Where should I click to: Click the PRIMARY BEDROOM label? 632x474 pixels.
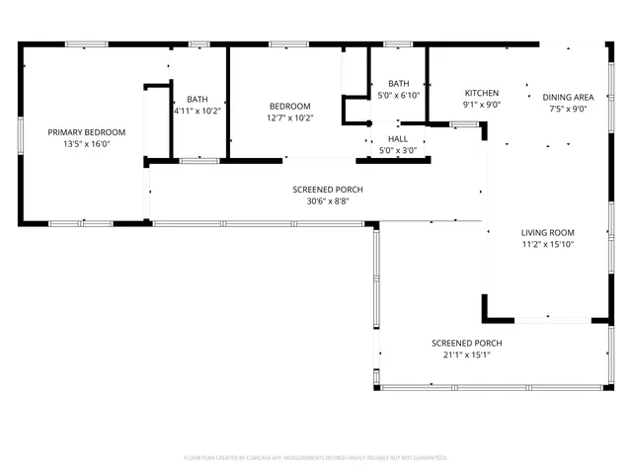(x=88, y=132)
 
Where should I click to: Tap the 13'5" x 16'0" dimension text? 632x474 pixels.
(x=88, y=144)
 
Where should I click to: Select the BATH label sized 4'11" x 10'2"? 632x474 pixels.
(x=197, y=99)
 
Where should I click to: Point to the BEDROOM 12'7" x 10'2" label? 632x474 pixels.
(x=290, y=107)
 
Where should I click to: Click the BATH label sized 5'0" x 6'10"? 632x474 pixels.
(x=399, y=84)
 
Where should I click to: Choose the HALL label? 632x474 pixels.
(x=398, y=139)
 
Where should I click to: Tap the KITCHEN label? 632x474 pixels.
(x=482, y=93)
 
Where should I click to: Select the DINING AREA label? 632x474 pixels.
(x=568, y=97)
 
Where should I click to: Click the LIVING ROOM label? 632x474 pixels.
(x=548, y=233)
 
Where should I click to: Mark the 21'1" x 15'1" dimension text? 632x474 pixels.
(x=466, y=355)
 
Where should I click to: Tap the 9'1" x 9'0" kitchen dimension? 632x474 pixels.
(x=482, y=105)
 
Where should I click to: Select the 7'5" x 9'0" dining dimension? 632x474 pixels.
(x=568, y=109)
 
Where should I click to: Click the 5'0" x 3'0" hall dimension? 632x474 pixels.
(x=398, y=150)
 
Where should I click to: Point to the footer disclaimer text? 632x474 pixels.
(x=316, y=458)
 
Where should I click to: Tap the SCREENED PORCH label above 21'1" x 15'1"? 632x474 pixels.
(x=466, y=343)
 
